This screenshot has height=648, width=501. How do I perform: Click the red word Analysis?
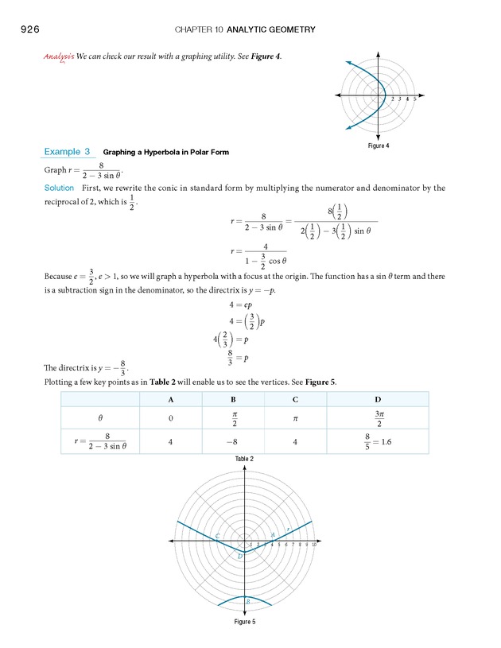59,57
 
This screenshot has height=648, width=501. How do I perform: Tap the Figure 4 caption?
378,146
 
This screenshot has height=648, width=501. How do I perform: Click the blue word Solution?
59,188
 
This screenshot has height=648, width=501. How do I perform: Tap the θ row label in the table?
100,417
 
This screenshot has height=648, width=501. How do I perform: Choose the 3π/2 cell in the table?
377,417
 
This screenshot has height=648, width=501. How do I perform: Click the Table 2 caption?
244,460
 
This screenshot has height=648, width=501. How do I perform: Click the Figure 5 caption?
244,621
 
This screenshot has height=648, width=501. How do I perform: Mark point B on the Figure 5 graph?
247,601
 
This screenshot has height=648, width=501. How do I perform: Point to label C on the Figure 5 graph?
217,536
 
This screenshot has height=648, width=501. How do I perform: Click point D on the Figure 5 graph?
240,556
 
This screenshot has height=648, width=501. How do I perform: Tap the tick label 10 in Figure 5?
315,545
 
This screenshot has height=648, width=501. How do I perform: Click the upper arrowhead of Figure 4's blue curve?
348,62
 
